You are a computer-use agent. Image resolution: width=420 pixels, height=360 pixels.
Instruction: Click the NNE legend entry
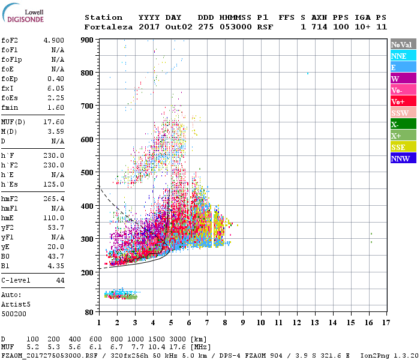(403, 56)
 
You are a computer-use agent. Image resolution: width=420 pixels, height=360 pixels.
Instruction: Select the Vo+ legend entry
(403, 101)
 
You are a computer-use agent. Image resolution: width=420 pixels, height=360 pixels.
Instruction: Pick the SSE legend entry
(403, 147)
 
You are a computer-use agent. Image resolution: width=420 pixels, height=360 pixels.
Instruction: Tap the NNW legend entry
(403, 158)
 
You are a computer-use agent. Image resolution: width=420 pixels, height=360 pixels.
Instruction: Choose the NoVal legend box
(403, 44)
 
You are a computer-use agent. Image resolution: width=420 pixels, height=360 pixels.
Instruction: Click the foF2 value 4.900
(54, 40)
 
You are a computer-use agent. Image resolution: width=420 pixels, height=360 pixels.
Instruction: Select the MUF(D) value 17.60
(54, 122)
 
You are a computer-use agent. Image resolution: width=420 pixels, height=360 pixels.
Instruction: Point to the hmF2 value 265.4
(54, 199)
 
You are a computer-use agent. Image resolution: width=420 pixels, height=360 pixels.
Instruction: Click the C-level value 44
(60, 281)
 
